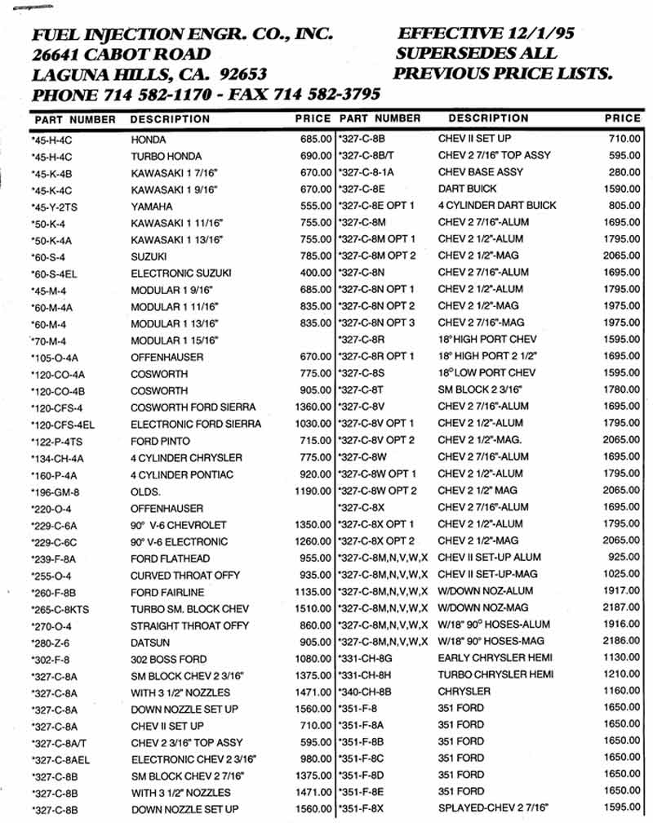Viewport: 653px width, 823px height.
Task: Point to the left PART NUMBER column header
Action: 75,119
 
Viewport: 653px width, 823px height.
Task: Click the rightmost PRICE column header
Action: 622,118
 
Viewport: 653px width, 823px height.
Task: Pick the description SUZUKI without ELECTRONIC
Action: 149,257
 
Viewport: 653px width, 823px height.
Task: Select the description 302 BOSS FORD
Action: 169,659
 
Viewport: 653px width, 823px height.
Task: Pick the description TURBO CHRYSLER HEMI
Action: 495,674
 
